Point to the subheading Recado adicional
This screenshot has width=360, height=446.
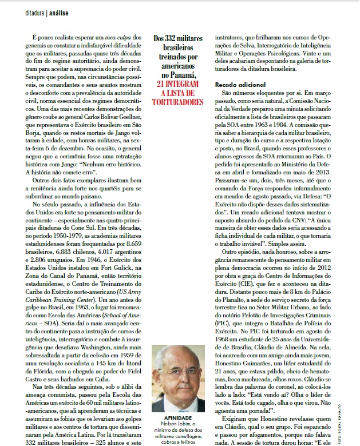pos(240,84)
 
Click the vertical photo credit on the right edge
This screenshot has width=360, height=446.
pos(355,423)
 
